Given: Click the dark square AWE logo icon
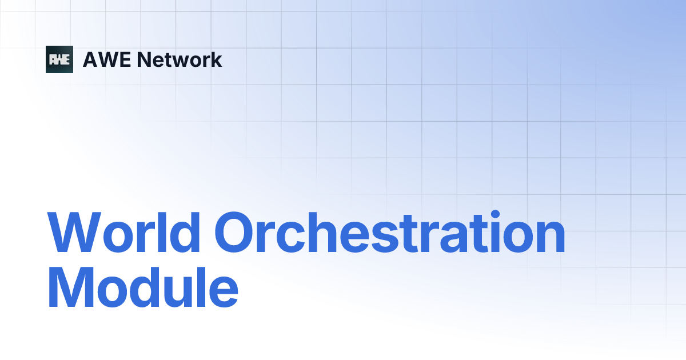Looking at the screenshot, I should (x=59, y=59).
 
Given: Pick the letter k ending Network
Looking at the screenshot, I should (x=216, y=59).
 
